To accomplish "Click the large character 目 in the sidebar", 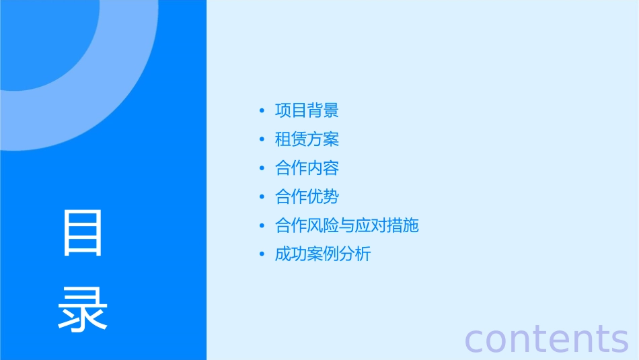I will (83, 233).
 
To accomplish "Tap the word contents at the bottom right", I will (547, 338).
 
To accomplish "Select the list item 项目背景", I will (307, 110).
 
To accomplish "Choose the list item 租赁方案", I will (307, 139).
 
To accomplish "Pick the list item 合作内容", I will (307, 168).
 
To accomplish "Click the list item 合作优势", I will (307, 196).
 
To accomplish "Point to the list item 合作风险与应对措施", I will (346, 225).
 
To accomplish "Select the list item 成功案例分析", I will (323, 254).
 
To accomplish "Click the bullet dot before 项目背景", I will (262, 111).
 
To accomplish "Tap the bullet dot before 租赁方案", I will (262, 140).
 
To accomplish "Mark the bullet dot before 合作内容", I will (262, 169).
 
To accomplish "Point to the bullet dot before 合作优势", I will (262, 197).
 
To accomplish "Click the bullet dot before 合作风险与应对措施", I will (262, 226).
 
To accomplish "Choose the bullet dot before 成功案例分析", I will (262, 255).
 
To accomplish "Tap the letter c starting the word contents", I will (475, 340).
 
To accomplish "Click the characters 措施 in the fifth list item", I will (403, 225).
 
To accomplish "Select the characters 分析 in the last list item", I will (354, 254).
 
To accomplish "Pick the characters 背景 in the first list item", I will (323, 110).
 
